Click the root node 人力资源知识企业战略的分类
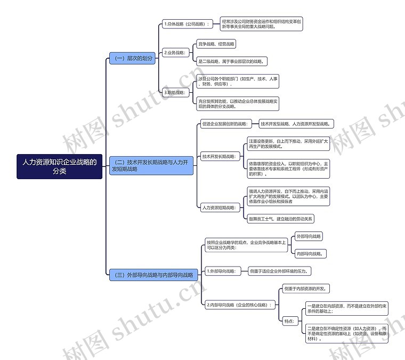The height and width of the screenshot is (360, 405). [59, 167]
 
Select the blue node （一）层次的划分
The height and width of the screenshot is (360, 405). [132, 58]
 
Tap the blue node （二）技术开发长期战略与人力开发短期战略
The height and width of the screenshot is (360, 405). [150, 165]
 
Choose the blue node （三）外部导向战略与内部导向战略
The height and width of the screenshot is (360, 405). [153, 275]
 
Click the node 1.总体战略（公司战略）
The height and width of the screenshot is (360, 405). [187, 24]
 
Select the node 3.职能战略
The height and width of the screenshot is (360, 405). [175, 92]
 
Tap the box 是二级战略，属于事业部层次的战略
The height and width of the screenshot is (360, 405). [231, 61]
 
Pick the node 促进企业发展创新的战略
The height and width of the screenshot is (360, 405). [224, 124]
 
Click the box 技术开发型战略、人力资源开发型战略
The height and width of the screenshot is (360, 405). [296, 124]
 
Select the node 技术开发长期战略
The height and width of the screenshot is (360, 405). [219, 156]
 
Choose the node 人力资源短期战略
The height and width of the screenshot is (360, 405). [219, 207]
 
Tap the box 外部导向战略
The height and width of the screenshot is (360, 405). [309, 236]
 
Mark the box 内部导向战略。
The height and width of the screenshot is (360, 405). [310, 253]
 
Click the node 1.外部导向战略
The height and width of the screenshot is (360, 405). [223, 271]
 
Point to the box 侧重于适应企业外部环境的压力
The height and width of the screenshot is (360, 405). [280, 271]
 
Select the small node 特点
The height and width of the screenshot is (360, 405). [289, 321]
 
